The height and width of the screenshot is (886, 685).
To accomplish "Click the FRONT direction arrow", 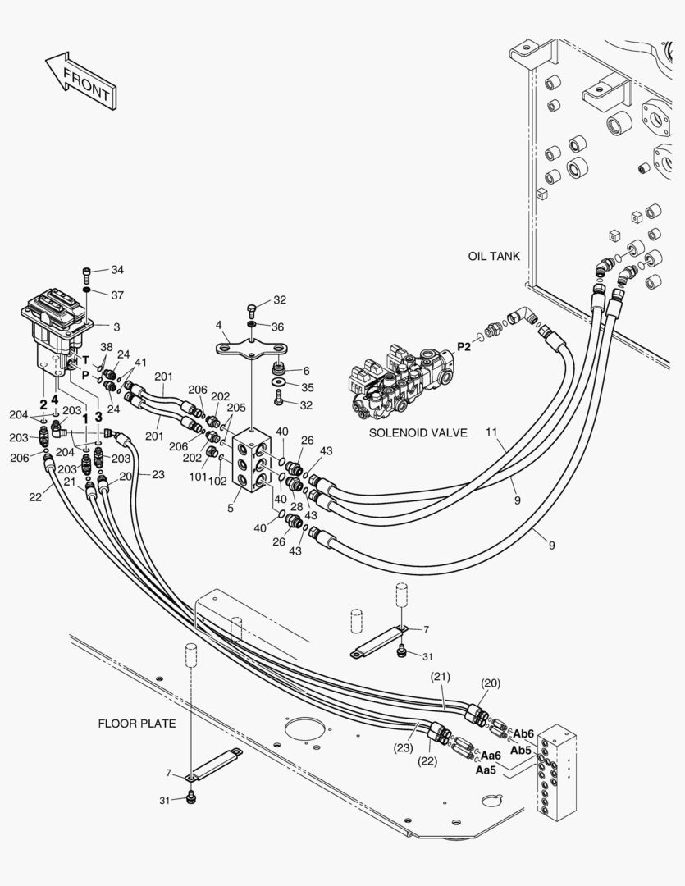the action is (81, 81).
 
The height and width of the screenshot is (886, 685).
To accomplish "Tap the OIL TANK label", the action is (494, 256).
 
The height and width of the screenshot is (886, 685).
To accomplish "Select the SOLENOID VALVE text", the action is (418, 433).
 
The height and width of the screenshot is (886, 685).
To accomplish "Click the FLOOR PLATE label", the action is (137, 724).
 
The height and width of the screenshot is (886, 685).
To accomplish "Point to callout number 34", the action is (117, 270).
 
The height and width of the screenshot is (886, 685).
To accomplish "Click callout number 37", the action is (117, 295).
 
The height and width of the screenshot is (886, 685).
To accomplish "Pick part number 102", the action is (217, 482).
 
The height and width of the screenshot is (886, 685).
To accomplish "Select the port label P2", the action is (464, 347).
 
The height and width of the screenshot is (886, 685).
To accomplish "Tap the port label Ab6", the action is (523, 734).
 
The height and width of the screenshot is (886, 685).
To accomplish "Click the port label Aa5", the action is (486, 770).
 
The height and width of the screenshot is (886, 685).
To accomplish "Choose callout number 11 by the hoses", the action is (491, 432).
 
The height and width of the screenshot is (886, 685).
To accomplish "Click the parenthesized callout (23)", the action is (403, 748).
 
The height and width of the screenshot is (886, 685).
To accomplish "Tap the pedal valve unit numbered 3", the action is (56, 333).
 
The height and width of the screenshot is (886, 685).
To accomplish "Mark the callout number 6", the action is (306, 371).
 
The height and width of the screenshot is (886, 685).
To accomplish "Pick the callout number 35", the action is (308, 387).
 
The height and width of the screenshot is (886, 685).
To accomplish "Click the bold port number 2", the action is (43, 404).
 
